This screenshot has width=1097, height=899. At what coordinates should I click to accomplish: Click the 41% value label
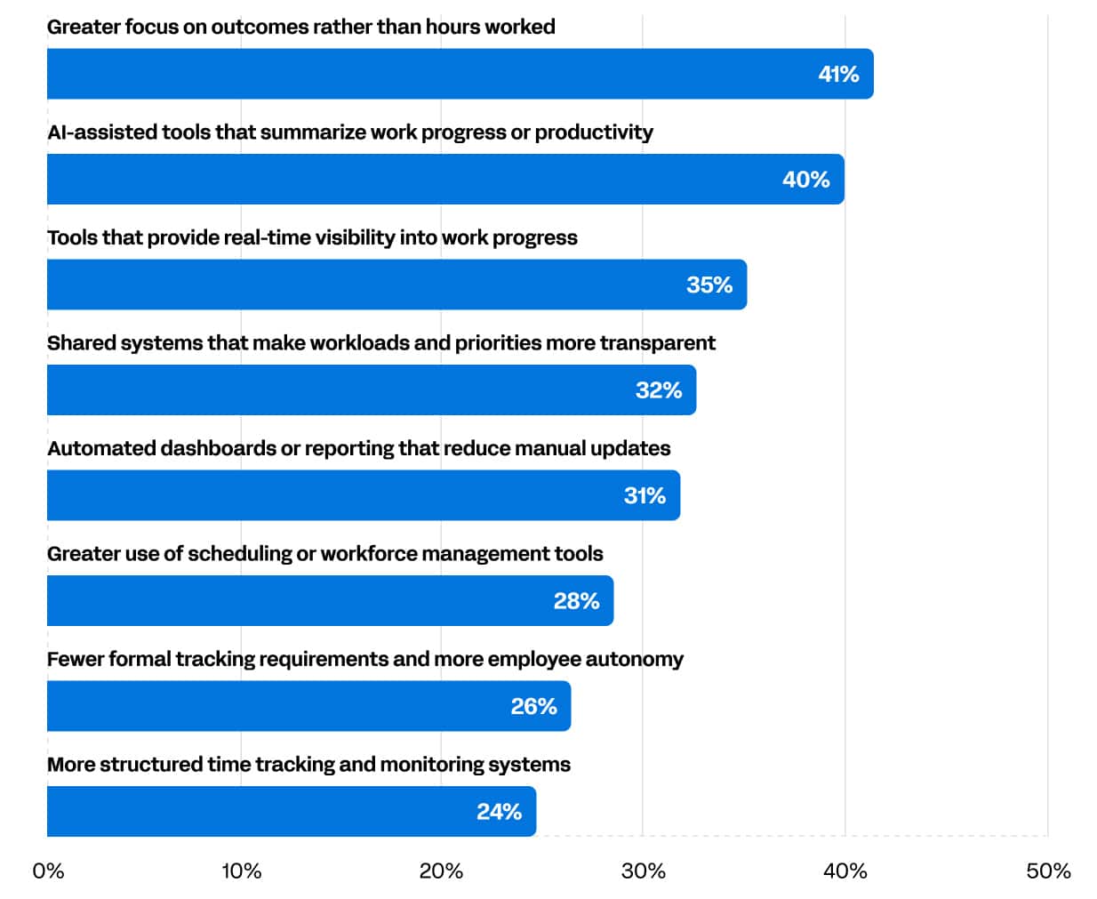(x=838, y=75)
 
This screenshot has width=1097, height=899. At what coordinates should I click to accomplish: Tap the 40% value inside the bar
(x=805, y=180)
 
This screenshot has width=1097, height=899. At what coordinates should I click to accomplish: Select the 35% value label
(x=709, y=285)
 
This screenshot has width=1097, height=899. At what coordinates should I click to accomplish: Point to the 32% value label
(x=658, y=390)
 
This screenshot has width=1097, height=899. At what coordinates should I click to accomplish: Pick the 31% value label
(x=645, y=495)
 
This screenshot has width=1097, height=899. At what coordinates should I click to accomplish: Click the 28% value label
(x=576, y=601)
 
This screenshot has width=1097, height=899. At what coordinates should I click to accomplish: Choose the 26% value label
(x=533, y=706)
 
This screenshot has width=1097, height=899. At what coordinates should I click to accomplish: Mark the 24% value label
(x=499, y=812)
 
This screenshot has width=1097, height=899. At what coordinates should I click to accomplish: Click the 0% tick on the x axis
(x=48, y=871)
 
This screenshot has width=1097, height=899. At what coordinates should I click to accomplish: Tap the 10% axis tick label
(x=241, y=871)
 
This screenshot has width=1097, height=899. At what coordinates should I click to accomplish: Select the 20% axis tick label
(x=441, y=871)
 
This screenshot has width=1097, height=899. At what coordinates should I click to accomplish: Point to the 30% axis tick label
(x=643, y=871)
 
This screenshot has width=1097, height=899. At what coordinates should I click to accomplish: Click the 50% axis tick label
(x=1048, y=871)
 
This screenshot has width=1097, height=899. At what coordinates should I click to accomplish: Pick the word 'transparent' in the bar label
(x=658, y=343)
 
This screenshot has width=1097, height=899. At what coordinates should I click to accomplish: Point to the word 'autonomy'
(x=634, y=660)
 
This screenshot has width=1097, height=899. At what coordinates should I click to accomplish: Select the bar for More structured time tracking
(x=292, y=811)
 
